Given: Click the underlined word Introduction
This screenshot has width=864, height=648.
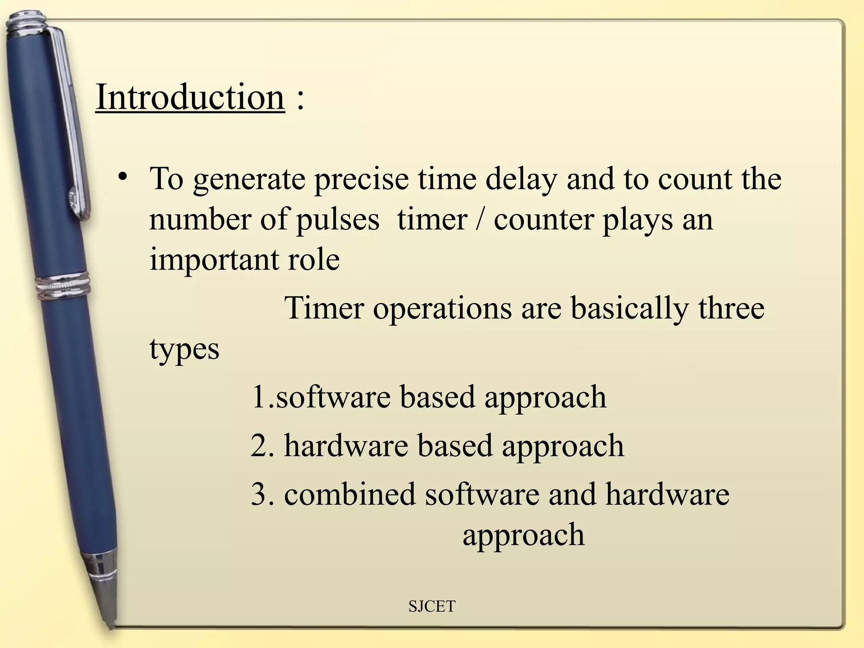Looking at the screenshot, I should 190,97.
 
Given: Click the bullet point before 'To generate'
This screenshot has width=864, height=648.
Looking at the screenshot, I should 123,176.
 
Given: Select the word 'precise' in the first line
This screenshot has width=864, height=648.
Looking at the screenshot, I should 362,179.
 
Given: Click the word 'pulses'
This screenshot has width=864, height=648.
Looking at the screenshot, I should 338,220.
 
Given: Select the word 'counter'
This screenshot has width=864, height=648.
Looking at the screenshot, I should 543,220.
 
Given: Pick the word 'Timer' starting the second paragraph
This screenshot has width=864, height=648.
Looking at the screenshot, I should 324,308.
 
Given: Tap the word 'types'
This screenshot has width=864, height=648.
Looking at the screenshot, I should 184,349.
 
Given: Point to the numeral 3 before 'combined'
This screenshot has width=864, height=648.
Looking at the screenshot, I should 259,494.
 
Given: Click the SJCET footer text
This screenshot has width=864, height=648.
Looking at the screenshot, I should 432,607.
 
